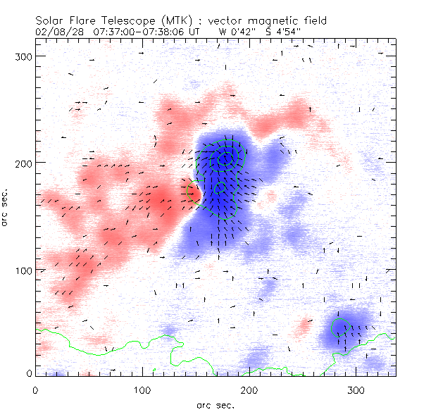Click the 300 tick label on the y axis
[24, 56]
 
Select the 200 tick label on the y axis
[24, 163]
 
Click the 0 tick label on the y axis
[29, 373]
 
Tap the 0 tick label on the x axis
[35, 390]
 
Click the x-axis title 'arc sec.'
[216, 405]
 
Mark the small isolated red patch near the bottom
[304, 325]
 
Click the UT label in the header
[194, 32]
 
